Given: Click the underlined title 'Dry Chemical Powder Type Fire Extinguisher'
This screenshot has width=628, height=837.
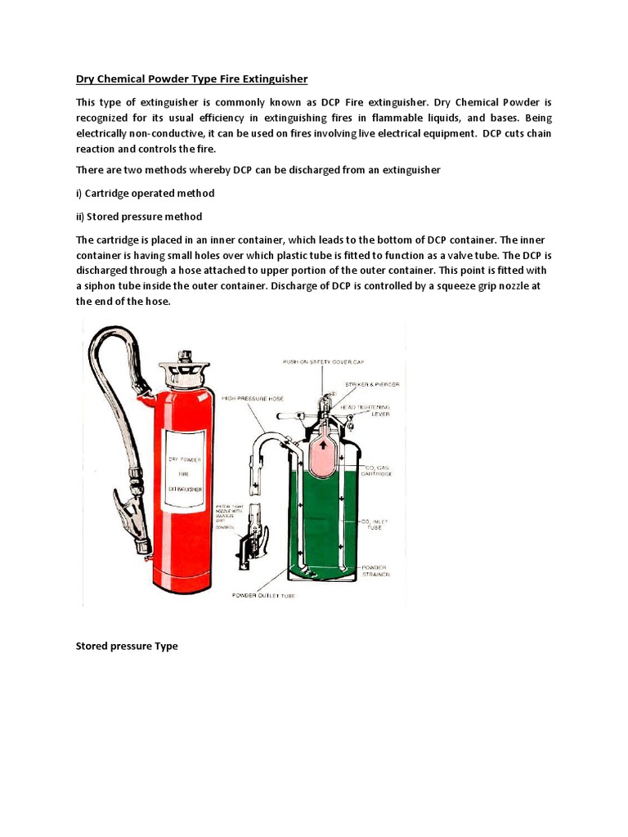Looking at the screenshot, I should [x=191, y=79].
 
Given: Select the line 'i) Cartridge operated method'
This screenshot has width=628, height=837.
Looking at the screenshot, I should [x=145, y=193].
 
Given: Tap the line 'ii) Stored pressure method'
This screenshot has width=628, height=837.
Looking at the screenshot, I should [x=138, y=217].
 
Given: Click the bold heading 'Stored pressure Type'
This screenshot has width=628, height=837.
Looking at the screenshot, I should [x=126, y=646].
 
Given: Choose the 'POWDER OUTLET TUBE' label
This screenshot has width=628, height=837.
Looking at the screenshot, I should [x=264, y=595].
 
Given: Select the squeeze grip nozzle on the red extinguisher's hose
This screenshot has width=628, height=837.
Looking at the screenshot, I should [x=130, y=510].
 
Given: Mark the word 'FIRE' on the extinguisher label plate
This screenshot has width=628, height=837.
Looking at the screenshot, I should [x=184, y=473].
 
